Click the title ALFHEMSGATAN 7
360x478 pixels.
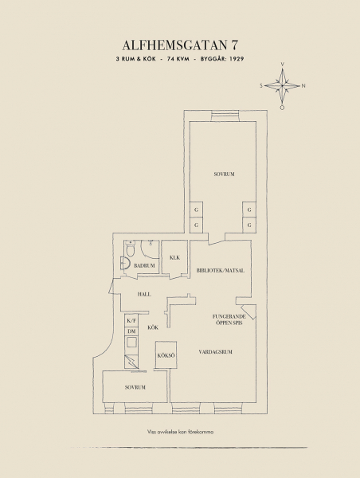(180, 45)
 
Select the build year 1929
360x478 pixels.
(237, 59)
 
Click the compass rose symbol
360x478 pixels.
(282, 86)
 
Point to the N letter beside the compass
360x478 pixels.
(303, 86)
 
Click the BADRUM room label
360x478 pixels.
(144, 265)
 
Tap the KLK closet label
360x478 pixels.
(174, 257)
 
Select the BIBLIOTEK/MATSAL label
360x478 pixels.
(221, 270)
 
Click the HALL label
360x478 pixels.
(144, 295)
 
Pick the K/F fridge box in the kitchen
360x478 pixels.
(131, 320)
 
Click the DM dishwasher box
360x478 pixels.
(131, 331)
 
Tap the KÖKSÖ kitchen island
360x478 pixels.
(166, 355)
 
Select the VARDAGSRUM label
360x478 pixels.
(216, 352)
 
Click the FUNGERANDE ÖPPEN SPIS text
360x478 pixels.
(229, 319)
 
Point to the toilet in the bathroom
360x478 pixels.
(131, 249)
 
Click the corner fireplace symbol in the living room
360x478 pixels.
(248, 311)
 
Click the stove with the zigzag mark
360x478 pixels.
(131, 362)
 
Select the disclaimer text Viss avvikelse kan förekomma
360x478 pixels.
(180, 432)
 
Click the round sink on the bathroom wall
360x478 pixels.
(125, 263)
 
